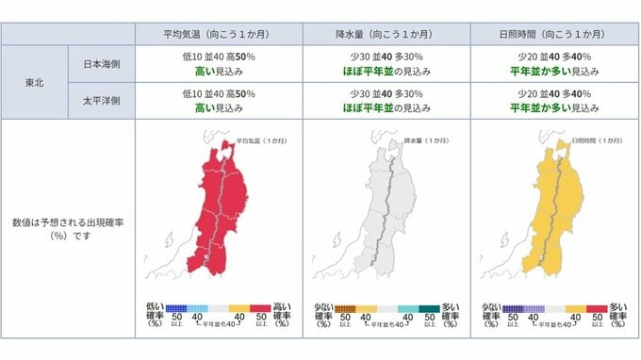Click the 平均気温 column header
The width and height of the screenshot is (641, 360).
(x=219, y=34)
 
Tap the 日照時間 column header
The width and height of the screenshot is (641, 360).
(x=552, y=34)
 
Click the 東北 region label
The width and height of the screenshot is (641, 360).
(x=34, y=83)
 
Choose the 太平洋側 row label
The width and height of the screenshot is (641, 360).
(x=101, y=101)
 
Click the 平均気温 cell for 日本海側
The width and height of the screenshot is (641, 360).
(x=219, y=63)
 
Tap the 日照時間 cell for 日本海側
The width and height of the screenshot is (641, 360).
(x=552, y=63)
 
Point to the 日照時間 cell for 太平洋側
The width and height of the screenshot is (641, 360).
(x=552, y=101)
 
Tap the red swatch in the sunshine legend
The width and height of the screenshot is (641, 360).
(x=596, y=308)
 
